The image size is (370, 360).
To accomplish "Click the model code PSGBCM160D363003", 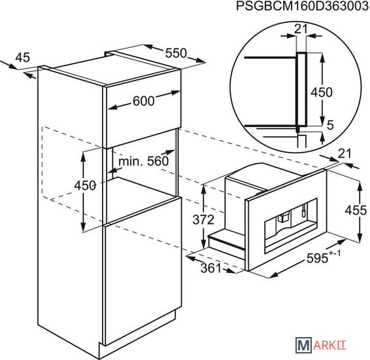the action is (303, 6).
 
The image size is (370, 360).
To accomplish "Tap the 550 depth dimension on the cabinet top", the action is (176, 53).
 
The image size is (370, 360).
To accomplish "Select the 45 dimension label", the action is (23, 58).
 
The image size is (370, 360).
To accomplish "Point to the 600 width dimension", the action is (143, 101).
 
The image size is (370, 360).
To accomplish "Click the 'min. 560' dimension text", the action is (143, 161).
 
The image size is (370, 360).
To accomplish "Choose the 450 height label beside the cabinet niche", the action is (85, 185).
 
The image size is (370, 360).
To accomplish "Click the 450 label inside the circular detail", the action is (322, 92).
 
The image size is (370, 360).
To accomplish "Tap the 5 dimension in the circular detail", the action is (330, 125).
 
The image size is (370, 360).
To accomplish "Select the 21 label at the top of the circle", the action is (301, 29).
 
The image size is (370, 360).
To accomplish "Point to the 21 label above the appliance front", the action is (345, 154).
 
